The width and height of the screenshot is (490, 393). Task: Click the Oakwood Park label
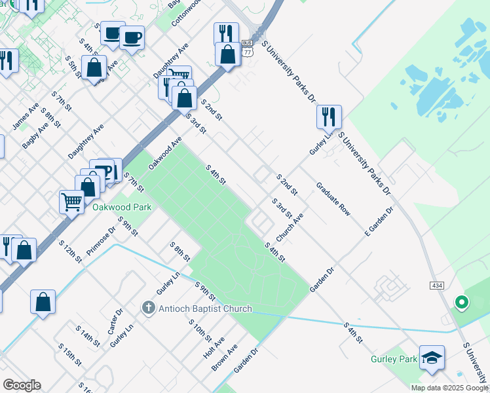[x=122, y=207]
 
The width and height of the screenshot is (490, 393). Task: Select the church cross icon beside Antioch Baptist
[x=149, y=308]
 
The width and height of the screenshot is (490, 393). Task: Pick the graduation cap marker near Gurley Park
[x=432, y=358]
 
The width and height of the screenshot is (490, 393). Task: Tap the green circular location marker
[x=462, y=303]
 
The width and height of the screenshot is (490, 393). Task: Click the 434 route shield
[x=438, y=286]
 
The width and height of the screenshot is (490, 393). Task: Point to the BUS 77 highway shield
[x=247, y=47]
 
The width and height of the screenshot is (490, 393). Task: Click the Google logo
[x=22, y=385]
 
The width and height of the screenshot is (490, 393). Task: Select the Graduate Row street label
[x=333, y=199]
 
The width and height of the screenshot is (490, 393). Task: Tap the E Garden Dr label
[x=380, y=221]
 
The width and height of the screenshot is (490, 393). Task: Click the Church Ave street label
[x=290, y=226]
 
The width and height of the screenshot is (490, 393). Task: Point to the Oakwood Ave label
[x=165, y=153]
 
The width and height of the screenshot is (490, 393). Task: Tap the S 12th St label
[x=70, y=251]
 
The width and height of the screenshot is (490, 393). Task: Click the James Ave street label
[x=26, y=115]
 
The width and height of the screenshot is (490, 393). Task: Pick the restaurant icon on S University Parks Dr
[x=329, y=117]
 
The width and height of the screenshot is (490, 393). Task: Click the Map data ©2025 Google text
[x=449, y=388]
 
